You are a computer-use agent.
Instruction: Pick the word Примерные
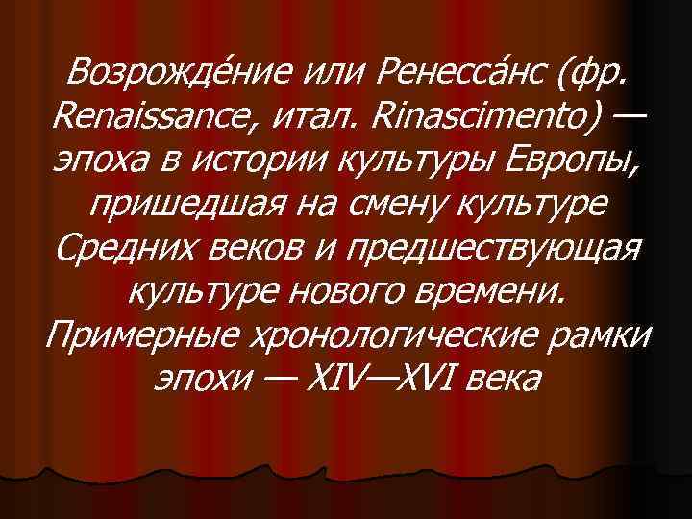(139, 334)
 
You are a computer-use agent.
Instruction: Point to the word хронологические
(394, 334)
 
